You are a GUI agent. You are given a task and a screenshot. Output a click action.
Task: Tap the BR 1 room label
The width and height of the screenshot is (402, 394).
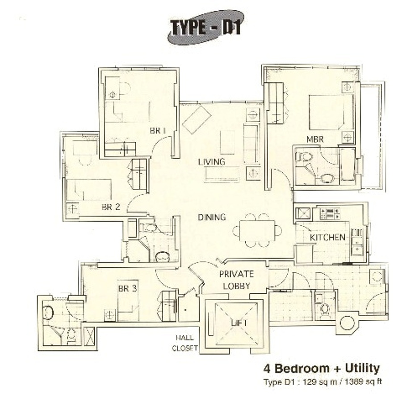point(158,131)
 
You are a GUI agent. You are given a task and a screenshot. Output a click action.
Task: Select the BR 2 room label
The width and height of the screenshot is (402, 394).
point(111,207)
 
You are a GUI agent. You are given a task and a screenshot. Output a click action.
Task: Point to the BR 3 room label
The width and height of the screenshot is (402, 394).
point(127,288)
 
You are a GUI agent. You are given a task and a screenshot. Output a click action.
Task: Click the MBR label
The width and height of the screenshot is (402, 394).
point(315,140)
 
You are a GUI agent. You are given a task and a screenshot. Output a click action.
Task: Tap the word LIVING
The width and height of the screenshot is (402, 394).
point(212,162)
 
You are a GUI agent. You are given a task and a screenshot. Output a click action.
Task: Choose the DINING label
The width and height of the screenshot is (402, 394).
point(212,217)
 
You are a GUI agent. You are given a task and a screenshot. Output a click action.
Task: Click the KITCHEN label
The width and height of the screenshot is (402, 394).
point(327,237)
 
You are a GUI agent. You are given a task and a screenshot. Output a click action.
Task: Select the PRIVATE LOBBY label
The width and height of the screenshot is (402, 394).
point(236,280)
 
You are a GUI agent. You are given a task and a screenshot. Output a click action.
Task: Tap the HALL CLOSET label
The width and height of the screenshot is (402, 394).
point(185,343)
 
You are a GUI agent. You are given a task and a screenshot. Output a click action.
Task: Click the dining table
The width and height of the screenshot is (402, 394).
point(257,230)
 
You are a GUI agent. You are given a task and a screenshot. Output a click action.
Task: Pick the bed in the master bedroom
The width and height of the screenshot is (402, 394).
point(331,112)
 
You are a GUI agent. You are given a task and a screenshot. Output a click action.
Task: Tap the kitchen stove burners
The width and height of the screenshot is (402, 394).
point(330,214)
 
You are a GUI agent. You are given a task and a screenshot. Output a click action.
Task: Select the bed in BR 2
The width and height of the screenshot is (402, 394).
point(89,190)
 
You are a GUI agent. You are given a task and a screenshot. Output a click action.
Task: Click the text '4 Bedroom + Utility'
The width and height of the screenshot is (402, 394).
point(322,369)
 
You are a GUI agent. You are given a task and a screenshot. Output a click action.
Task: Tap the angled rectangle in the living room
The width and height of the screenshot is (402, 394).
point(197,120)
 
